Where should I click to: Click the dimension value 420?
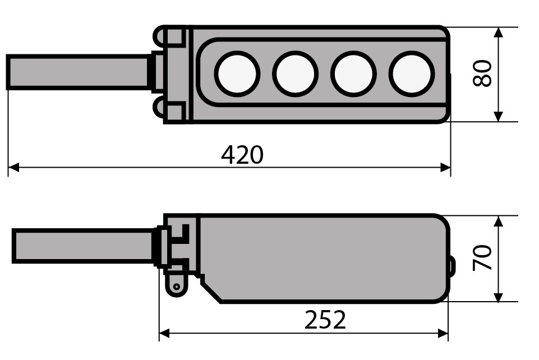[x=242, y=155]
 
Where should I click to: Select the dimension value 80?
[x=482, y=73]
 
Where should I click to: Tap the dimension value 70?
[x=482, y=257]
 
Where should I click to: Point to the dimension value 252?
[x=325, y=320]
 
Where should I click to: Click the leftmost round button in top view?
[x=237, y=74]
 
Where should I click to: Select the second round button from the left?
[x=295, y=74]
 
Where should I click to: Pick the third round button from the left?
[x=353, y=74]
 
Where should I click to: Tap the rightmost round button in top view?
[x=412, y=74]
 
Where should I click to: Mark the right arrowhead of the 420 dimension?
[x=445, y=168]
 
